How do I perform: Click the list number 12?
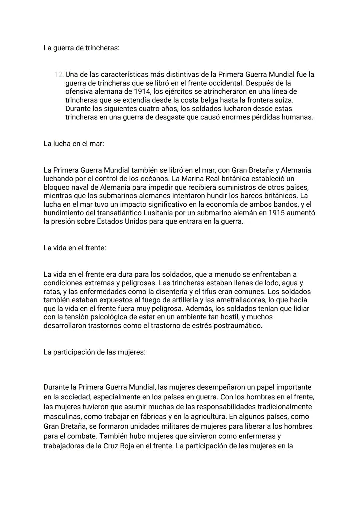coord(59,74)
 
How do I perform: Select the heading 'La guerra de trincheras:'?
coord(81,48)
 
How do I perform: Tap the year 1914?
coord(140,91)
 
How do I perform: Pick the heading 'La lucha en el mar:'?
coord(74,144)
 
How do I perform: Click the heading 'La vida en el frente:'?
coord(75,248)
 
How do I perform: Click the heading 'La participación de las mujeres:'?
coord(94,352)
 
